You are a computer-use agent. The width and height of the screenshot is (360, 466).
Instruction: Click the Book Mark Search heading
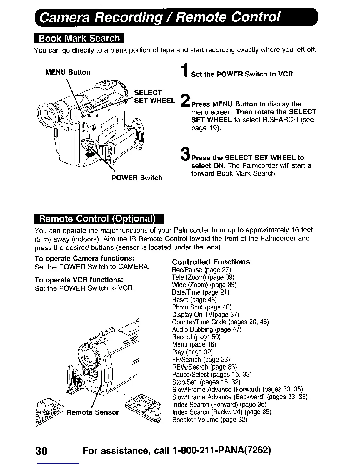(79, 39)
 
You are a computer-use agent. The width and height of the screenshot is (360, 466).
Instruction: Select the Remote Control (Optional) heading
(99, 219)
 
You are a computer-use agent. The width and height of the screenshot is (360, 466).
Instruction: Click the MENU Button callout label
(67, 72)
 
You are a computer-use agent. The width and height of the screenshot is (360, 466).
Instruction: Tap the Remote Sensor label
(93, 412)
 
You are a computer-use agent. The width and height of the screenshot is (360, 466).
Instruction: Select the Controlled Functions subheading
(211, 262)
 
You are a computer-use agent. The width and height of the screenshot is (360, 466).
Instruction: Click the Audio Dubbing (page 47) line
(206, 329)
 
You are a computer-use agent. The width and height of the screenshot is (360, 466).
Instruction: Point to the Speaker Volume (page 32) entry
(209, 419)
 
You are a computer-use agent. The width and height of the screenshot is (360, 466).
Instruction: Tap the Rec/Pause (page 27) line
(201, 269)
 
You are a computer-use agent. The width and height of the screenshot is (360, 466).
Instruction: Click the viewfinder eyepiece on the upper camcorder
(49, 113)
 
